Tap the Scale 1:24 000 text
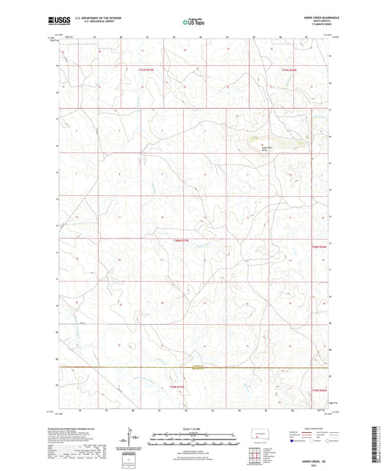[193, 428]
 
